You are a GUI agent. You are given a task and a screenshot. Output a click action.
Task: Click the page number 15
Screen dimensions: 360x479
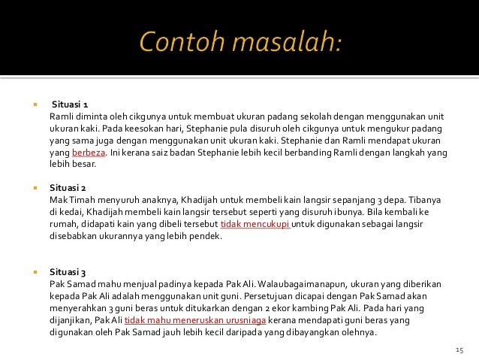pos(460,350)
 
